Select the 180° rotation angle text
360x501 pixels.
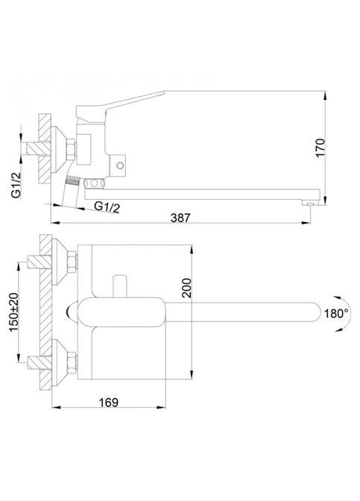(x=335, y=314)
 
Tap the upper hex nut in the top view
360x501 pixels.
(x=71, y=263)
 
